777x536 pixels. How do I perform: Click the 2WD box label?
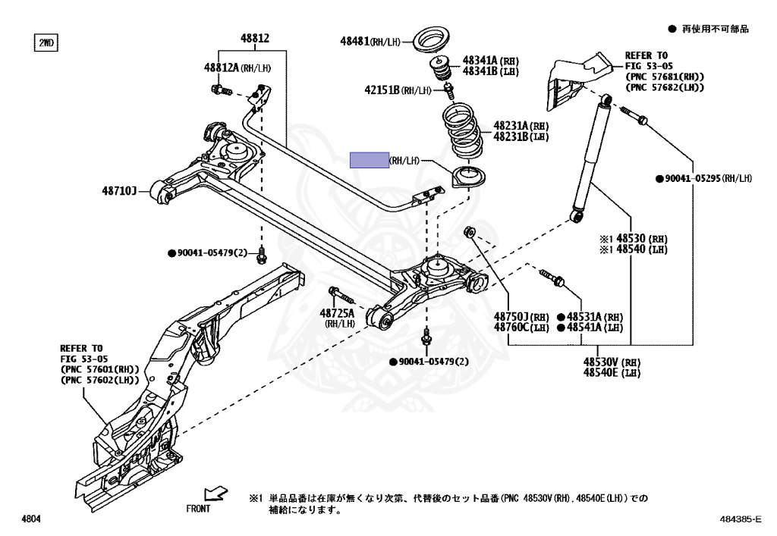click(x=47, y=42)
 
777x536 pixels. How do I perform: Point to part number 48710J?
click(x=119, y=192)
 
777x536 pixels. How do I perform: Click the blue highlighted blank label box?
click(x=369, y=160)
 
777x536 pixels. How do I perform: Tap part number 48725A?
click(x=337, y=312)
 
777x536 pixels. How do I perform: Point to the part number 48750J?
click(x=511, y=316)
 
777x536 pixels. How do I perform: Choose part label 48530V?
click(x=601, y=362)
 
